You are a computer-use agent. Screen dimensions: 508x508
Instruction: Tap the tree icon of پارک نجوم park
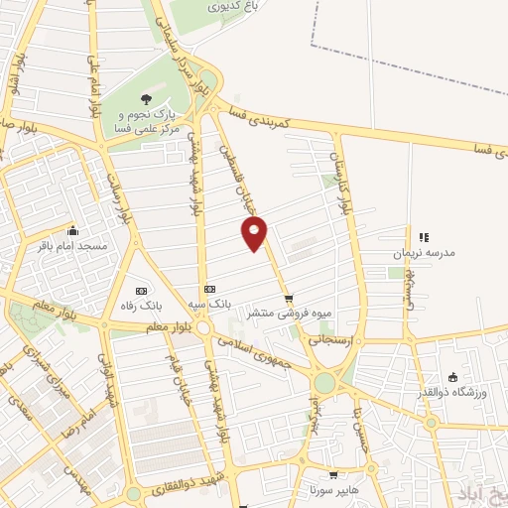coord(146,99)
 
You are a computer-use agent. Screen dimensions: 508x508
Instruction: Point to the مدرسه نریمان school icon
coord(424,237)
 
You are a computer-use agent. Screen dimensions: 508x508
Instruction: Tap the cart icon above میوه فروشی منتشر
coord(288,297)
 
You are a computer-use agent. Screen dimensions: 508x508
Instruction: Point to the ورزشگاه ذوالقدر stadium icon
coord(452,377)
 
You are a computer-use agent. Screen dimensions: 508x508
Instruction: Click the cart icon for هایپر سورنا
coord(333,474)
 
